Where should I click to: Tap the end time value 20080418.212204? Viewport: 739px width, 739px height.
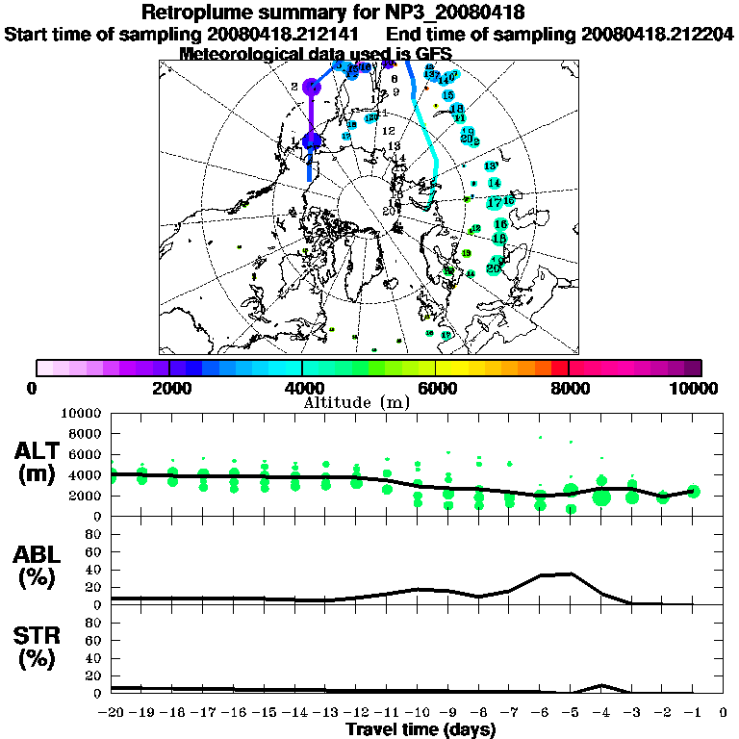[657, 34]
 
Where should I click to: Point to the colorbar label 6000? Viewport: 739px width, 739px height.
[436, 389]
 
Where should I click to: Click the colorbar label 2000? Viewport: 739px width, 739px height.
[169, 389]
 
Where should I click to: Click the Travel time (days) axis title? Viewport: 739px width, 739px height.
[420, 729]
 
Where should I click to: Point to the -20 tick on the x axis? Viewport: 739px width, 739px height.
[112, 713]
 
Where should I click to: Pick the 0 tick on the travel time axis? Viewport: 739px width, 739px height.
[724, 713]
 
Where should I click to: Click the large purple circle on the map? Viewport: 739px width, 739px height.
[310, 87]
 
